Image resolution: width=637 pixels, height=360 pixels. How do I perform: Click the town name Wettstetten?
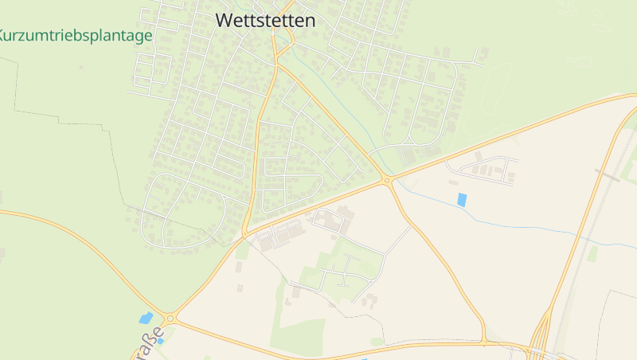click(x=265, y=21)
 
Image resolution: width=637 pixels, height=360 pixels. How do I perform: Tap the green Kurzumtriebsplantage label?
click(x=76, y=37)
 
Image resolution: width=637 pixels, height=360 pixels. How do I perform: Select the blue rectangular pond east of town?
click(x=463, y=200)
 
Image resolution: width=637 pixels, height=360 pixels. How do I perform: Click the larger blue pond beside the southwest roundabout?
click(x=147, y=318)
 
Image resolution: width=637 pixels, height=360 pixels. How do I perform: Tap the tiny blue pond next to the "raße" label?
click(x=160, y=341)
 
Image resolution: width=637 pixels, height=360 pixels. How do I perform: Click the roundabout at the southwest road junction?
click(x=170, y=319)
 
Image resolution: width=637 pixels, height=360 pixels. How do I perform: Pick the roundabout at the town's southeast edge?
click(x=387, y=181)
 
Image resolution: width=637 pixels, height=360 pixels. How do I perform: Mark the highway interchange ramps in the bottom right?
click(x=542, y=335)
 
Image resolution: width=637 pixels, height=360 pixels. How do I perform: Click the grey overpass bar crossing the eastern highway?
click(x=607, y=175)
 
